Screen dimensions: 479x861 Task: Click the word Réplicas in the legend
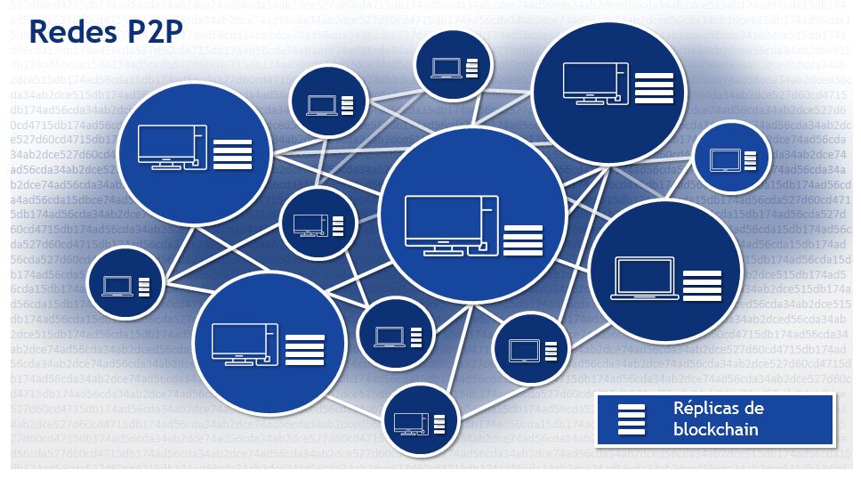click(705, 409)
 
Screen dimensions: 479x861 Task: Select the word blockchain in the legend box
click(716, 429)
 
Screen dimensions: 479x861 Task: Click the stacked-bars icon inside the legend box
click(632, 419)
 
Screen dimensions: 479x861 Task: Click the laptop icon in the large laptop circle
click(645, 278)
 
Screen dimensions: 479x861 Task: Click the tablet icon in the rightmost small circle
click(724, 159)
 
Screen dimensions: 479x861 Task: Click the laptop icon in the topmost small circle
click(445, 67)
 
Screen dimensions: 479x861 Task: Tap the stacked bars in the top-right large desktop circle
click(654, 89)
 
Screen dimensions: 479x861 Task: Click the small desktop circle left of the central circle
click(310, 223)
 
